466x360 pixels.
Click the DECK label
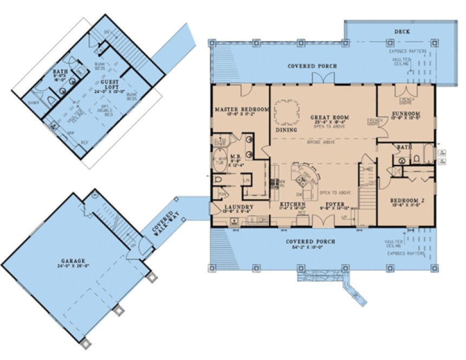pyautogui.click(x=402, y=32)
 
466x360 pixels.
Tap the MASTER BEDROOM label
pyautogui.click(x=242, y=110)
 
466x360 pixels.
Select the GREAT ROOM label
pyautogui.click(x=329, y=117)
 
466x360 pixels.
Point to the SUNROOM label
pyautogui.click(x=405, y=114)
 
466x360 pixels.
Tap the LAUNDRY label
pyautogui.click(x=239, y=207)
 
